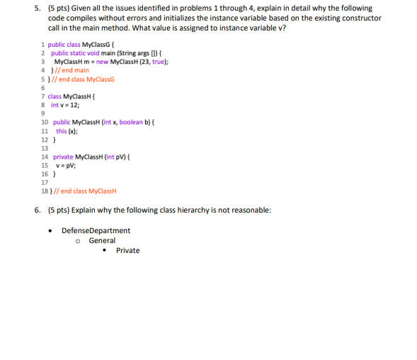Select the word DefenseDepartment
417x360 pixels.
(96, 230)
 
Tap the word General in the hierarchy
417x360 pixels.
(102, 240)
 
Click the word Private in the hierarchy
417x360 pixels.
(127, 250)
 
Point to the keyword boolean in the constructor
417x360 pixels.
(131, 122)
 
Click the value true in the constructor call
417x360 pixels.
(156, 62)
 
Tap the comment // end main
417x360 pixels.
(72, 70)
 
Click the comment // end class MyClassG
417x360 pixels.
(79, 79)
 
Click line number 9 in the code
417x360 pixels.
(44, 113)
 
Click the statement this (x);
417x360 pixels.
(66, 130)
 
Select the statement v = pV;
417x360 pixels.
(66, 164)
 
